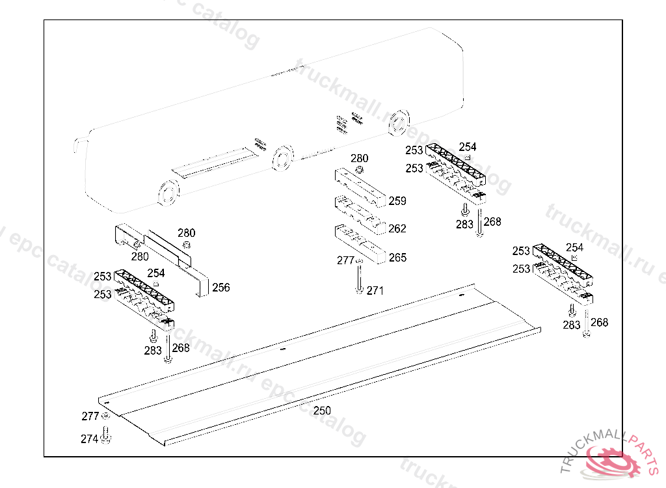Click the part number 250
tap(322, 411)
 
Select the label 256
tap(221, 288)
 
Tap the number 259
tap(397, 201)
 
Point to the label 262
tap(397, 228)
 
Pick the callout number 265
tap(397, 258)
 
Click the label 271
tap(375, 291)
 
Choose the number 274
tap(89, 439)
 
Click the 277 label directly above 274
tap(90, 416)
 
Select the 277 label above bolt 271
tap(345, 261)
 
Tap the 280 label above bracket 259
tap(359, 158)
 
